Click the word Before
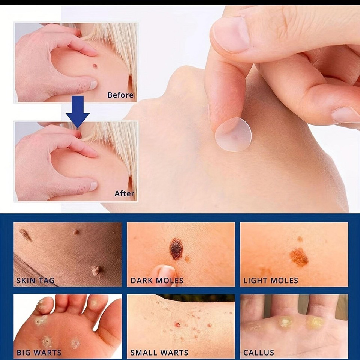[120, 95]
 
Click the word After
[124, 193]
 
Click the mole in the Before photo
[95, 66]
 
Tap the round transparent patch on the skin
[233, 135]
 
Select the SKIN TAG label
[36, 280]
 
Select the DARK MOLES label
[157, 280]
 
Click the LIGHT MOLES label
[271, 280]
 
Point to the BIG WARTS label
[39, 352]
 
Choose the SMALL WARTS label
[159, 352]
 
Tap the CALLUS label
[259, 352]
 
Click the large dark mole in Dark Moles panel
[176, 249]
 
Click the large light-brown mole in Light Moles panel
[299, 257]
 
